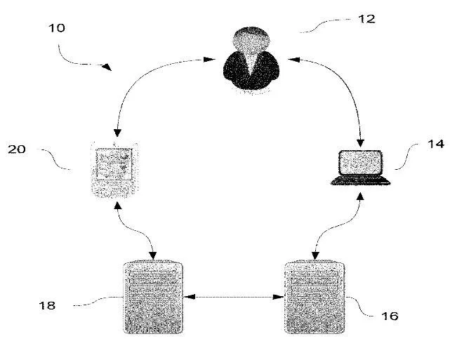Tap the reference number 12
(x=366, y=19)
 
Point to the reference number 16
(x=390, y=316)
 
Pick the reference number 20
(x=16, y=149)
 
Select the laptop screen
(x=361, y=164)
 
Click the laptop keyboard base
(x=361, y=181)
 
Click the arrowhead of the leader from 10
(x=107, y=68)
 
